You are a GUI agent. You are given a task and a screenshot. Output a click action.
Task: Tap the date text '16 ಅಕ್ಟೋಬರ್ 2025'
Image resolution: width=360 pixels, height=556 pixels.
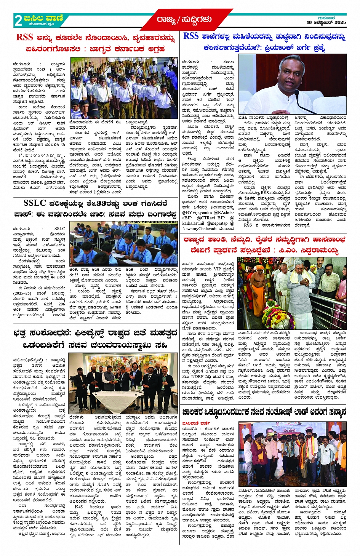pyautogui.click(x=326, y=22)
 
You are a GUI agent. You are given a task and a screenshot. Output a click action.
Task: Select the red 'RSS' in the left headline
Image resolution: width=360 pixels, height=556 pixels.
pyautogui.click(x=24, y=37)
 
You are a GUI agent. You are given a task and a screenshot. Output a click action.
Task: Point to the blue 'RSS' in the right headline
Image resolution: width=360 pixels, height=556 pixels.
pyautogui.click(x=191, y=36)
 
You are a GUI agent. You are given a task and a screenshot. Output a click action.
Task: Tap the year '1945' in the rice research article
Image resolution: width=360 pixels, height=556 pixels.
pyautogui.click(x=79, y=507)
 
